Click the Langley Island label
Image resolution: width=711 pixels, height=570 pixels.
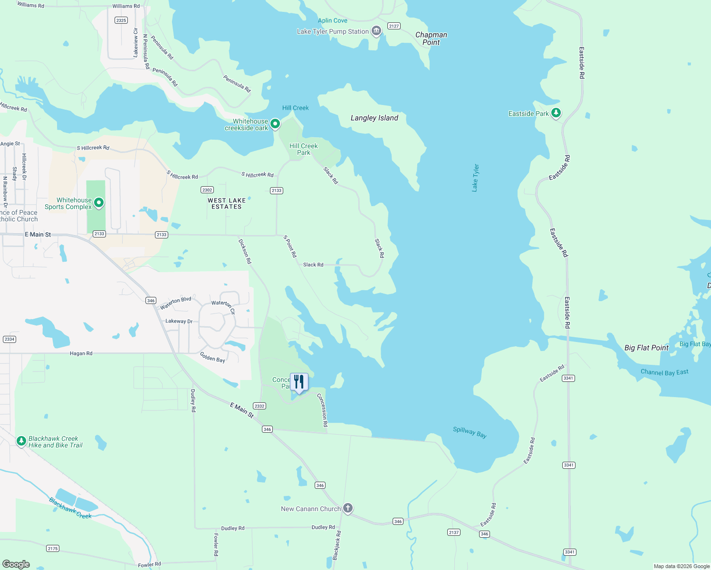[374, 118]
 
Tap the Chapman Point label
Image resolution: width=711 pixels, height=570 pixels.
[431, 38]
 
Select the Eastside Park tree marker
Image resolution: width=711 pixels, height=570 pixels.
[556, 113]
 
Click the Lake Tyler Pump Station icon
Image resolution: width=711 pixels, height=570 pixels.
[376, 31]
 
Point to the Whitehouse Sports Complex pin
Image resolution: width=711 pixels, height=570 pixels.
[99, 203]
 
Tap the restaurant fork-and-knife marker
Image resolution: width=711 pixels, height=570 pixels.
[299, 382]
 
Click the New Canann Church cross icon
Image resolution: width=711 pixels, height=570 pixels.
[348, 508]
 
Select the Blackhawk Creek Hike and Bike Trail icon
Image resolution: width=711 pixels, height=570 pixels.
[21, 441]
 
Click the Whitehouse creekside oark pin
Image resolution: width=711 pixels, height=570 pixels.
[275, 124]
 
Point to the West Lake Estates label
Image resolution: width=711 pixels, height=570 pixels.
[227, 203]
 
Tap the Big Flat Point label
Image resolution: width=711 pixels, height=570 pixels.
[646, 348]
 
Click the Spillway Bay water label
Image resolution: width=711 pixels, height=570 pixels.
[470, 432]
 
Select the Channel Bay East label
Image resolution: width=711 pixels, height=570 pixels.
[664, 372]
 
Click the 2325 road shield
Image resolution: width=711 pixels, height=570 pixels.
[121, 20]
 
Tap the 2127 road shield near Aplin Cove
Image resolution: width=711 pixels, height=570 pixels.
[394, 26]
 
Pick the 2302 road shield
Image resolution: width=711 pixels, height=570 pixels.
[207, 190]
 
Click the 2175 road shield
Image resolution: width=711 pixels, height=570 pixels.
[53, 549]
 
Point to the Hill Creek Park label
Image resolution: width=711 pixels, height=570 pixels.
[303, 149]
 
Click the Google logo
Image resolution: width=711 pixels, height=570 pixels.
[16, 564]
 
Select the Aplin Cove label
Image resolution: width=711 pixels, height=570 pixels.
[332, 20]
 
